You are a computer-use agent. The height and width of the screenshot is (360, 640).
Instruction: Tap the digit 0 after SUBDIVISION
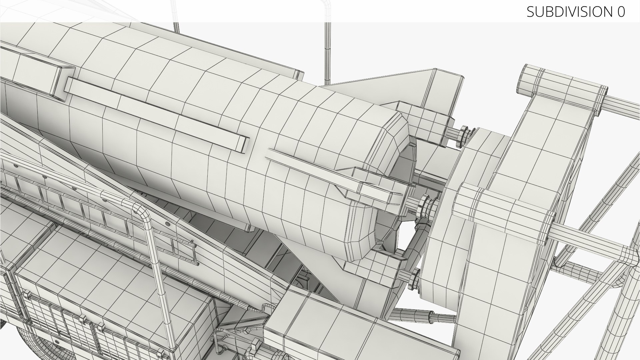coord(621,12)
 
